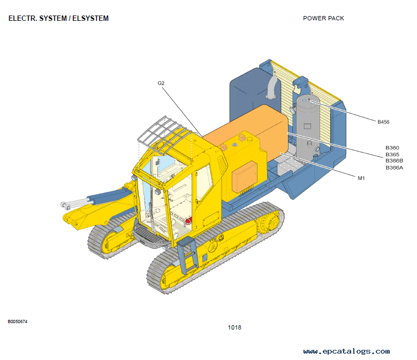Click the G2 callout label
click(161, 83)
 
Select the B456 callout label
click(383, 122)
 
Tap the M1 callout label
click(361, 178)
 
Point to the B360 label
click(392, 148)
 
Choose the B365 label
click(392, 154)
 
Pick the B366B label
click(394, 160)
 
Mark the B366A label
click(394, 167)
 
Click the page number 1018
click(234, 327)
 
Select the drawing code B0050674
click(17, 321)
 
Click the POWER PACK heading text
click(323, 18)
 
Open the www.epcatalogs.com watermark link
click(346, 351)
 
